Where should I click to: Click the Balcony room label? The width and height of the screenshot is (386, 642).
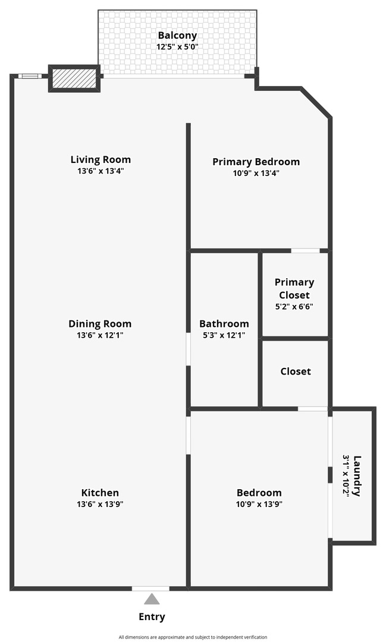click(177, 35)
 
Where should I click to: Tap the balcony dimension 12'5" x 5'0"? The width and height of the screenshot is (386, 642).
click(177, 46)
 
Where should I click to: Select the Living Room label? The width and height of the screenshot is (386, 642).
click(101, 159)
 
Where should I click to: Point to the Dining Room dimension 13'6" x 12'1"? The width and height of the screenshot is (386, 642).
click(100, 335)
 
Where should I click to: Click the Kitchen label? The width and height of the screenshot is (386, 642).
click(100, 493)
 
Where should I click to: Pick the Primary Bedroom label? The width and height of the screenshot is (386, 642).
click(256, 162)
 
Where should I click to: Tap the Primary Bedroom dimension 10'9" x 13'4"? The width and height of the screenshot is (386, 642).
click(256, 174)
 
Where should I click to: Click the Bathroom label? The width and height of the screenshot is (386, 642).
click(224, 324)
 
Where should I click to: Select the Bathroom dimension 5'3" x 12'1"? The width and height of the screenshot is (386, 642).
click(224, 335)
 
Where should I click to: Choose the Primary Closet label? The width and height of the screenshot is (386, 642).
click(294, 288)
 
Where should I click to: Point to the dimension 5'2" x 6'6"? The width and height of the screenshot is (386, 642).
click(294, 307)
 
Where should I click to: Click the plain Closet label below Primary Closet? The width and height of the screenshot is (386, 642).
click(296, 372)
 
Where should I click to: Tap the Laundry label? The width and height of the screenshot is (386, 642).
click(357, 476)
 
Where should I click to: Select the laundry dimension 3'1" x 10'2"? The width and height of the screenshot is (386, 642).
click(346, 476)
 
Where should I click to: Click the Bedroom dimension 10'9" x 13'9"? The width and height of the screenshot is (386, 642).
click(259, 504)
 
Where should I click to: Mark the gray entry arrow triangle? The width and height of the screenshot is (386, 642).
click(152, 599)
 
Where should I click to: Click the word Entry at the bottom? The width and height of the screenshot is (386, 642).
click(152, 616)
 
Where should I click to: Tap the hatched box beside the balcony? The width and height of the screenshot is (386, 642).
click(74, 78)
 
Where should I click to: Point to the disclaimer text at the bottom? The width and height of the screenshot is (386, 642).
click(193, 637)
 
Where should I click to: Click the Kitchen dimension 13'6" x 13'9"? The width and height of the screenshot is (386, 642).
click(100, 504)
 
